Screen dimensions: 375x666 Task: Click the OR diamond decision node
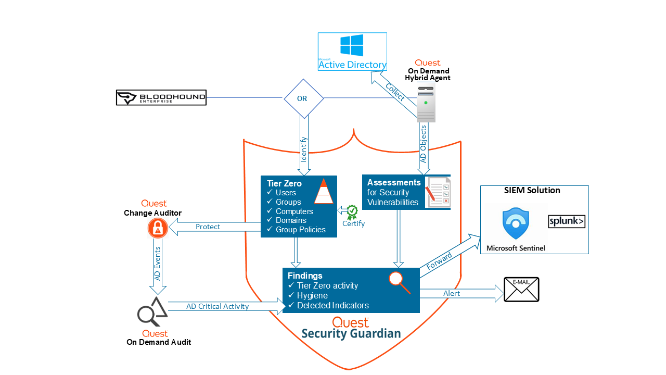tap(304, 98)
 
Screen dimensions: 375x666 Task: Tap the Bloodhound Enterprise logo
tap(161, 97)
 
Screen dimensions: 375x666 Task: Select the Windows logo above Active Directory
tap(352, 45)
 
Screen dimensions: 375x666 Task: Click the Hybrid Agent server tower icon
tap(426, 103)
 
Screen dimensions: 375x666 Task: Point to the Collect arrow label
tap(395, 92)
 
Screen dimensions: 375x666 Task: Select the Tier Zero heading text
tap(284, 183)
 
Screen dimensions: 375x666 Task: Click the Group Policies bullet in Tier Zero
tap(300, 230)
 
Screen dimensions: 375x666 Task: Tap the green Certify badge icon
tap(353, 210)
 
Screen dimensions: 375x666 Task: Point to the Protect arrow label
tap(208, 227)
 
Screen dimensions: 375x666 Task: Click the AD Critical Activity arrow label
tap(217, 306)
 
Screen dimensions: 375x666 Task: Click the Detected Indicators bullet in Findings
tap(332, 305)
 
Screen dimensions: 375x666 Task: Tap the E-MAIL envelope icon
tap(521, 289)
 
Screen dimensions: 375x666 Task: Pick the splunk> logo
tap(567, 221)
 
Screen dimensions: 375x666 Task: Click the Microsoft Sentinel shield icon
tap(516, 224)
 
